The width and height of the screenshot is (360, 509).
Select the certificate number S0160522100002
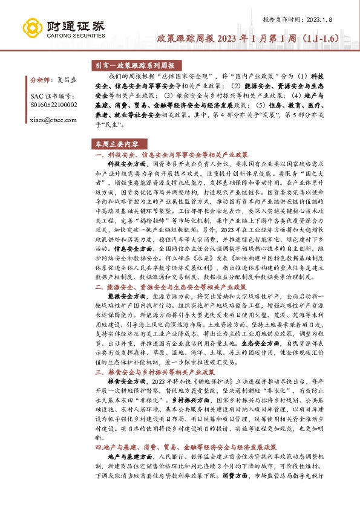tap(54, 105)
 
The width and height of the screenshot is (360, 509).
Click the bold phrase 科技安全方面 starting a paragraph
tap(126, 164)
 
